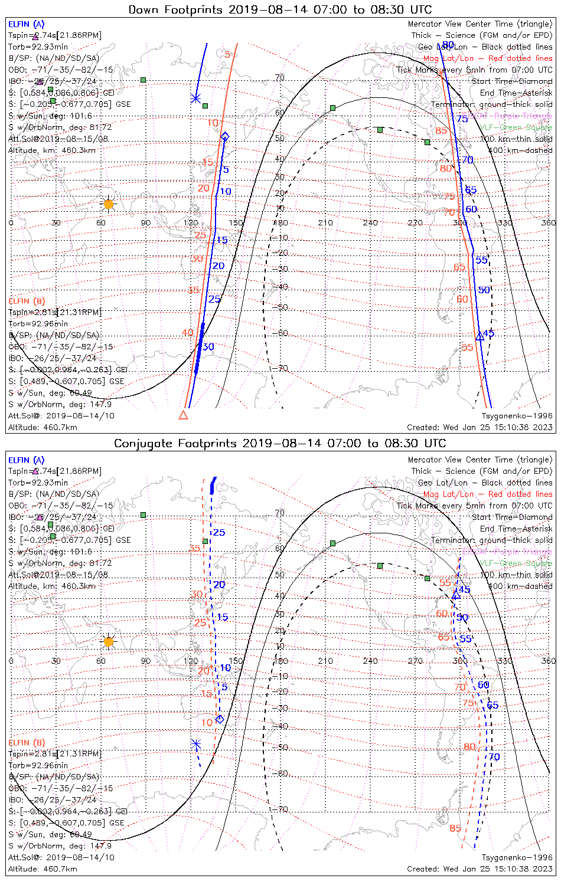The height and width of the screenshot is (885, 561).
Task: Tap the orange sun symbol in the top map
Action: coord(108,204)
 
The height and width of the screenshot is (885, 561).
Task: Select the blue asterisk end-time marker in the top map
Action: coord(196,99)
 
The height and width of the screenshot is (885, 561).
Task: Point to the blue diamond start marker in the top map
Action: coord(224,137)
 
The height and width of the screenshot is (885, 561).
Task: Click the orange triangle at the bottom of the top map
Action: coord(183,415)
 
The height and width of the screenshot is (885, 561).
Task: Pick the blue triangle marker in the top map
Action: coord(480,336)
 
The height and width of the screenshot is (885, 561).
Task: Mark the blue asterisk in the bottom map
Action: coord(196,744)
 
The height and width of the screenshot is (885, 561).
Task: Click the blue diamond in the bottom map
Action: coord(220,719)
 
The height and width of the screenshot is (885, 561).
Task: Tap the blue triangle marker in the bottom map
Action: coord(456,595)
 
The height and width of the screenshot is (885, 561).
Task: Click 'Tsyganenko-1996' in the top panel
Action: coord(517,416)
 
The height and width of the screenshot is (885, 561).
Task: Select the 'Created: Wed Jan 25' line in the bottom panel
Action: coord(480,868)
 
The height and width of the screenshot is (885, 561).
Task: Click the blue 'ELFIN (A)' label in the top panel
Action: coord(26,24)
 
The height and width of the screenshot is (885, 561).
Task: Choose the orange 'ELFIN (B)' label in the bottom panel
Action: coord(26,742)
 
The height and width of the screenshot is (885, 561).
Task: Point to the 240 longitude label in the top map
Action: coord(370,222)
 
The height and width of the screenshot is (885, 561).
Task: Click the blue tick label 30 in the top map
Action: coord(208,347)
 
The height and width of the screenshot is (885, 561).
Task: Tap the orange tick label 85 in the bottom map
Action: coord(455,828)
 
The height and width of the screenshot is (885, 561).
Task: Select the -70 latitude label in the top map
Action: coord(282,368)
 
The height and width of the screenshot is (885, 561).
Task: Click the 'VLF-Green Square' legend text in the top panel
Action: coord(516,127)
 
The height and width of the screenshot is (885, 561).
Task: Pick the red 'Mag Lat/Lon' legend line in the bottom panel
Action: coord(488,494)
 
